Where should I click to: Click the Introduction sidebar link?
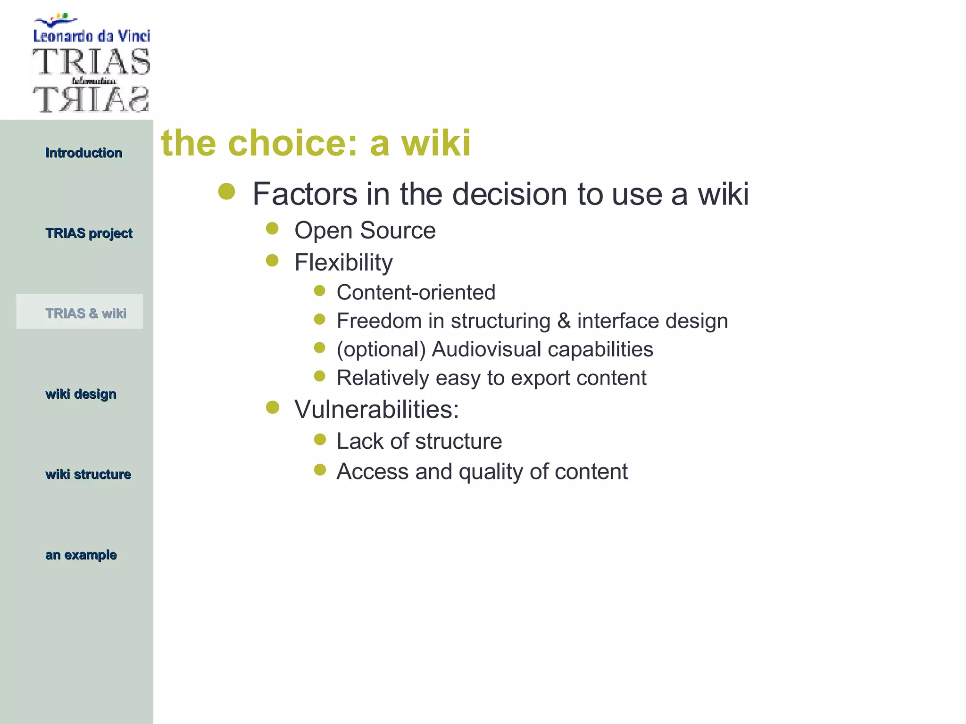pos(83,153)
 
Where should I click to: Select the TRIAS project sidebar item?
pos(89,233)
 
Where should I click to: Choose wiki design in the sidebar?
pos(81,394)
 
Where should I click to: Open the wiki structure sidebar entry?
pos(88,474)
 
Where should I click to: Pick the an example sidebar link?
pos(81,555)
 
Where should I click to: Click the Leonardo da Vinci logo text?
pos(92,36)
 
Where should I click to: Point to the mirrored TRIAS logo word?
pos(91,99)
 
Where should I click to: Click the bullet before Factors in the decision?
pos(227,191)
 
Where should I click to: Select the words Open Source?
pos(365,230)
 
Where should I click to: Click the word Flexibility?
pos(343,262)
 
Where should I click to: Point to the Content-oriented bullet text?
pos(416,292)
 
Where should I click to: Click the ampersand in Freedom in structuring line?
pos(564,321)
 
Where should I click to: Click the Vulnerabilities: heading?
pos(376,409)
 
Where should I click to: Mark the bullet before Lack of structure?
pos(320,440)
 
